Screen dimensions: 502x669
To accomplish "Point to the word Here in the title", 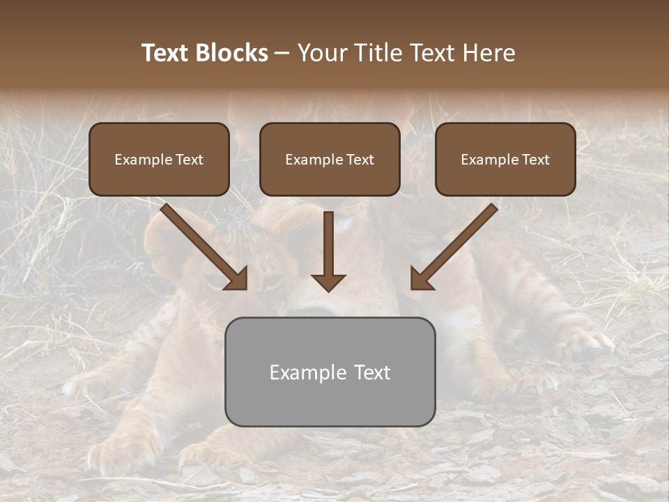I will [x=490, y=53].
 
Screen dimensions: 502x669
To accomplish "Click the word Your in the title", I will [x=322, y=53].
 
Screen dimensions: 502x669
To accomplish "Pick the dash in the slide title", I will [x=282, y=53].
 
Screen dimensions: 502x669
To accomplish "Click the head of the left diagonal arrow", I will [x=238, y=279].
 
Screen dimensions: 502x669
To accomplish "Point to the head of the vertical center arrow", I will [x=328, y=282].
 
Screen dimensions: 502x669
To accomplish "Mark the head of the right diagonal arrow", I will [x=420, y=279].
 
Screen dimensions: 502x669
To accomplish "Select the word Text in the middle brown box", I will [x=360, y=160].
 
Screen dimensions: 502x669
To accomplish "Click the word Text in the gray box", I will [x=371, y=372].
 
